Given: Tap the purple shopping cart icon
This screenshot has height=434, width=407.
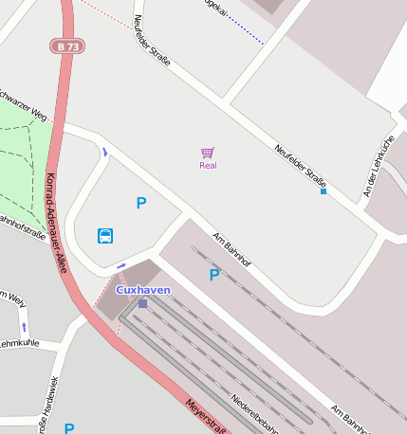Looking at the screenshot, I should pyautogui.click(x=208, y=153).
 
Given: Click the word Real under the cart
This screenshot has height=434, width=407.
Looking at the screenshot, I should pyautogui.click(x=209, y=166).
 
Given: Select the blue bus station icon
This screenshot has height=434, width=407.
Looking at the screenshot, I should pyautogui.click(x=105, y=235).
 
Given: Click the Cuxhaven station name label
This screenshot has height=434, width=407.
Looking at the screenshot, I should pyautogui.click(x=143, y=289).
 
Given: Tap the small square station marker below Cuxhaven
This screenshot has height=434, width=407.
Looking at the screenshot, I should pyautogui.click(x=142, y=303).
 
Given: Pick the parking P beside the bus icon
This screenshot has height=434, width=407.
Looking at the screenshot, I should pyautogui.click(x=141, y=203).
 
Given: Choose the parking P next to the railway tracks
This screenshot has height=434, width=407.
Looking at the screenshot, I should pyautogui.click(x=214, y=275).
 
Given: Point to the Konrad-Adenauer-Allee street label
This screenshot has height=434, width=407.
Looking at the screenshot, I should pyautogui.click(x=56, y=224).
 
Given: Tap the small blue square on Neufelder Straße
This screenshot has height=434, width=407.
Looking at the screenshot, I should pyautogui.click(x=324, y=191).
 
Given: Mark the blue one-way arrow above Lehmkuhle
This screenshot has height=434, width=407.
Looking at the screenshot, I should pyautogui.click(x=25, y=326).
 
